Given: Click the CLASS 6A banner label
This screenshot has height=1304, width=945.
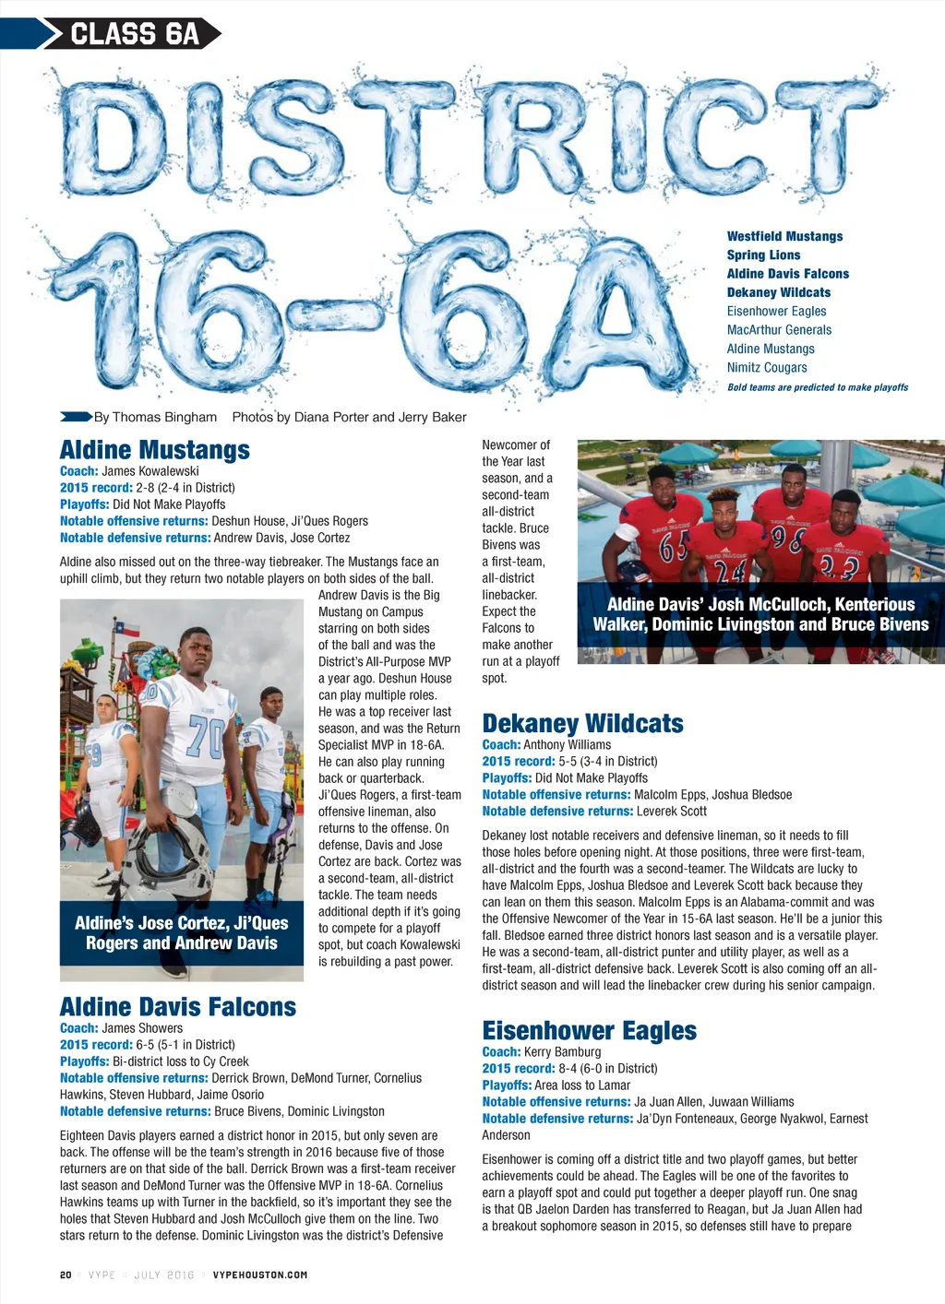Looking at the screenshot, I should coord(135,34).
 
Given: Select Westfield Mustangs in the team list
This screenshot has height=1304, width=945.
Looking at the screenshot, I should coord(784,236).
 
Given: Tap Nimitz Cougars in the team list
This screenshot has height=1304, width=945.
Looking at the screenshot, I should coord(766,367).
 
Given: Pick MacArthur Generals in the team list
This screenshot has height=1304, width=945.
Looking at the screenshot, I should coord(779,329).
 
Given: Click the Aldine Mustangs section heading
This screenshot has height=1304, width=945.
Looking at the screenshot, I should coord(154,450).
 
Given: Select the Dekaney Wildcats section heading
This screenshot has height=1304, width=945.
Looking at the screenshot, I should coord(582,723).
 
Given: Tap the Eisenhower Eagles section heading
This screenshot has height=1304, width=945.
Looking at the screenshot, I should coord(589,1030).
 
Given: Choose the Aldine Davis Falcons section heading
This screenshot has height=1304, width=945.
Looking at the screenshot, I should coord(178,1006).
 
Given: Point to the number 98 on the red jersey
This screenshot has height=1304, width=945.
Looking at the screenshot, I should coord(787,537).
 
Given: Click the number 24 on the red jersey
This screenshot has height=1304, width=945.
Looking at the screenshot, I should coord(729,573).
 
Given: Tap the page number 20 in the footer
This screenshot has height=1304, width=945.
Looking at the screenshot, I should coord(66,1274).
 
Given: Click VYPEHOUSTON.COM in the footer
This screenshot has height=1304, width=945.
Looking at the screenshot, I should coord(259,1274).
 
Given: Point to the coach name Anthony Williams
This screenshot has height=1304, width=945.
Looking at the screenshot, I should coord(567,744).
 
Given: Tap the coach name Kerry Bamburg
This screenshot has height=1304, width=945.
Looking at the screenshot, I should coord(562,1051).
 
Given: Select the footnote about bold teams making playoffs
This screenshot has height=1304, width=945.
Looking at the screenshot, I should coord(818,387).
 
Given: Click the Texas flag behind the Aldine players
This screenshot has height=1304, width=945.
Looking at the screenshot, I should coord(127,629).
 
